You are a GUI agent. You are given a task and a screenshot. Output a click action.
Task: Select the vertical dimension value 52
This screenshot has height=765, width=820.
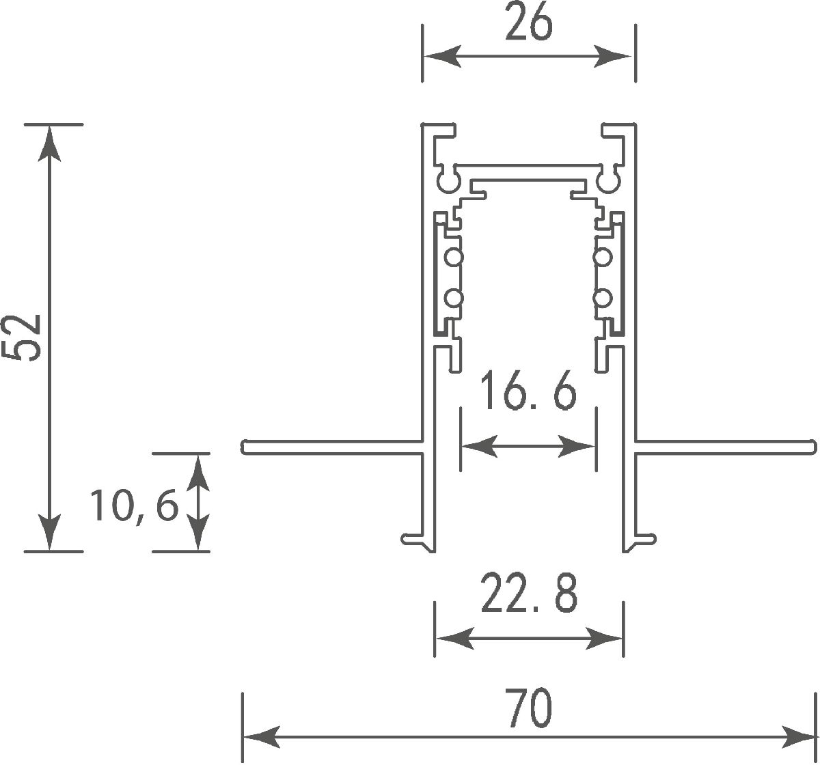pos(26,337)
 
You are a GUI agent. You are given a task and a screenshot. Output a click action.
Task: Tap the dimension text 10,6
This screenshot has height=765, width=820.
pos(133,506)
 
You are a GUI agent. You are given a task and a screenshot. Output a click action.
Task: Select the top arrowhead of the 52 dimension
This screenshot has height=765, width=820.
pos(49,143)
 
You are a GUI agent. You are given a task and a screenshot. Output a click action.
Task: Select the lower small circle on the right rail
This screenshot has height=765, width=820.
pos(602,298)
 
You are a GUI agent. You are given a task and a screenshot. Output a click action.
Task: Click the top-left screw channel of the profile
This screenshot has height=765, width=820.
pos(448,182)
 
